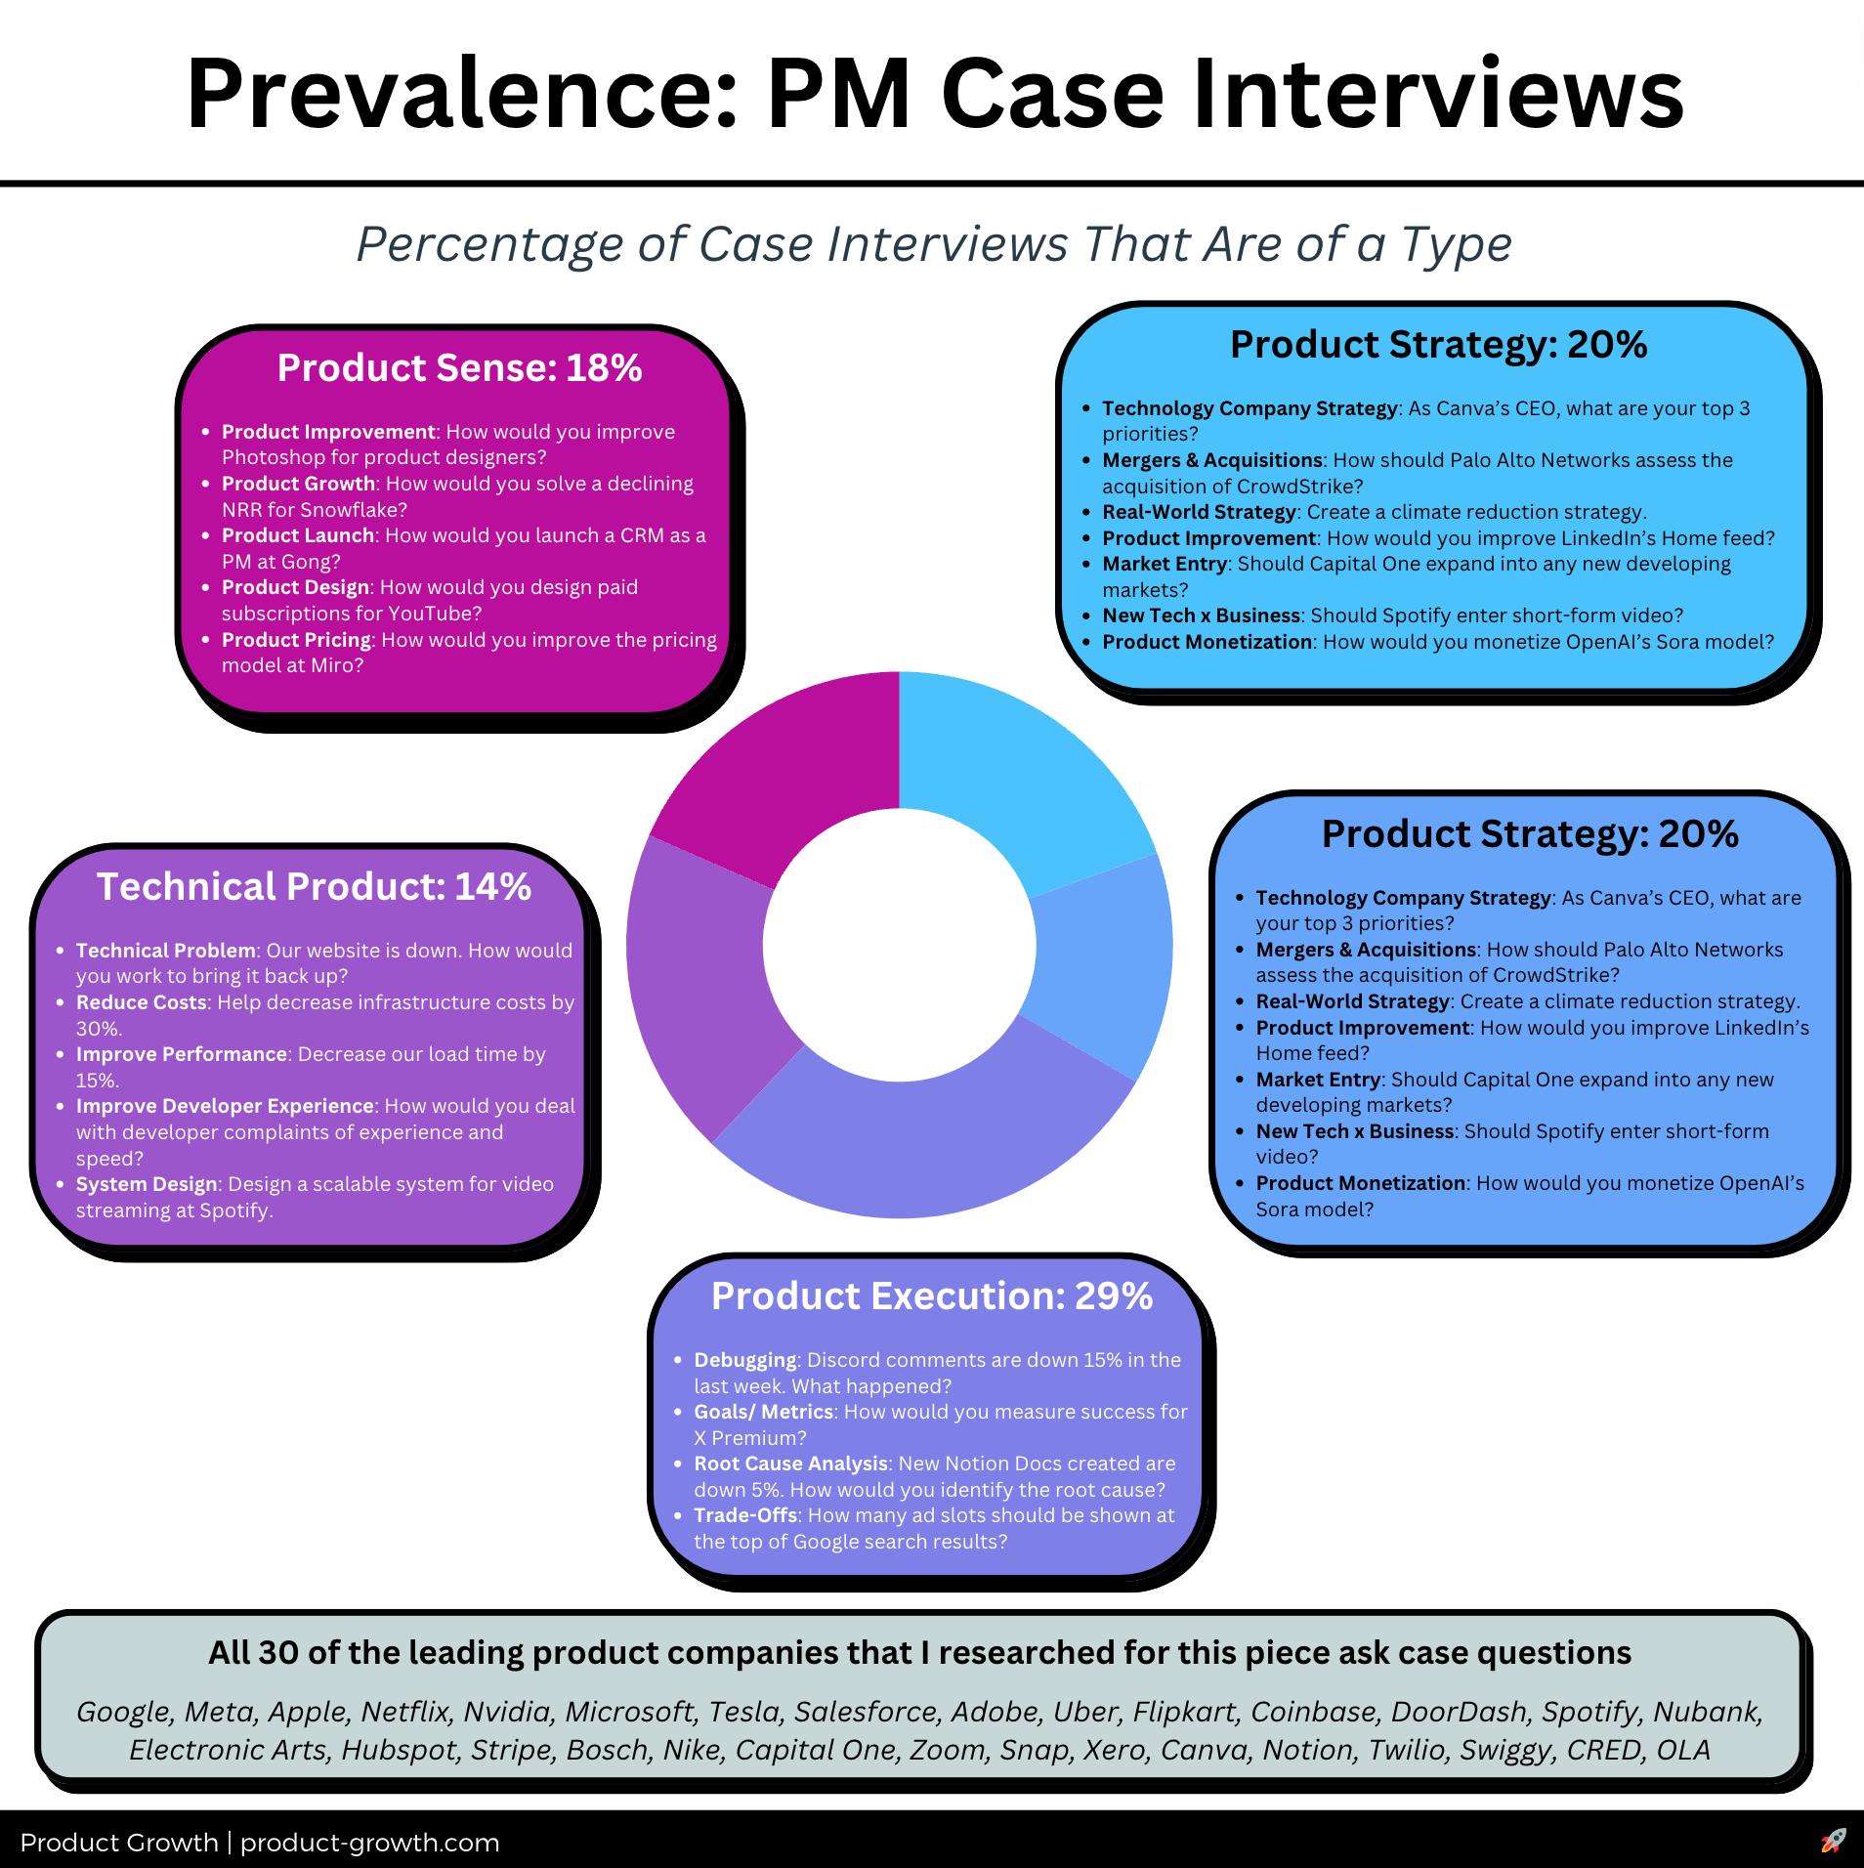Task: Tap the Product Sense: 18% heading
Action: pos(459,368)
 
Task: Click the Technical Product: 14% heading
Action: pos(314,887)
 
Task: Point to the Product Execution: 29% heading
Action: pos(932,1296)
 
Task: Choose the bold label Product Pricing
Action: pos(296,640)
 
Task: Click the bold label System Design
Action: pos(147,1184)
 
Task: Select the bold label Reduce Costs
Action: pos(142,1002)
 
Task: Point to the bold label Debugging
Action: pos(745,1360)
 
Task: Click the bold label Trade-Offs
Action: pos(745,1515)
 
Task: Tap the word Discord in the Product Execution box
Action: pos(843,1360)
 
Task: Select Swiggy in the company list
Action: pos(1506,1750)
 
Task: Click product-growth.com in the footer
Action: pos(370,1843)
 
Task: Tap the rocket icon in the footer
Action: pos(1834,1842)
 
